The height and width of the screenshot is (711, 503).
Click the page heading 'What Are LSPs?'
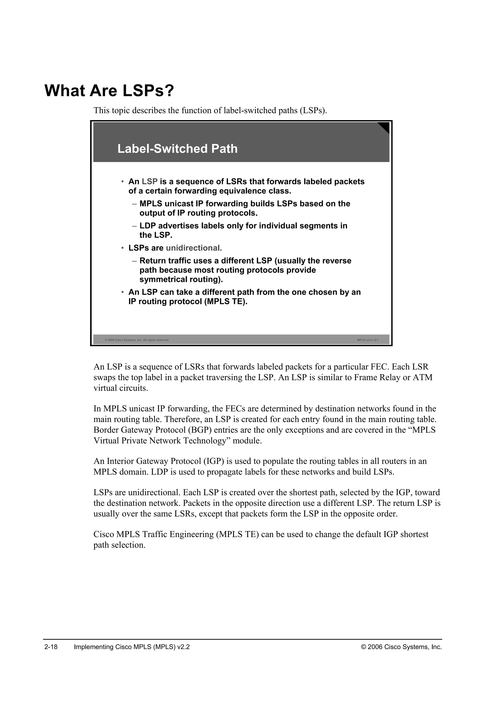click(x=109, y=91)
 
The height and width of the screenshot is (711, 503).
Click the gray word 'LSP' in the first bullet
click(x=150, y=181)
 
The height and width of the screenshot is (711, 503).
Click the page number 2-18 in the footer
click(x=51, y=647)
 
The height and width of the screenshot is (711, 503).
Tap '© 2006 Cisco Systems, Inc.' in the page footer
click(x=401, y=647)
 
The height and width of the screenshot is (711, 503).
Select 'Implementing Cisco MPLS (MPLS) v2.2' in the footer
click(x=132, y=647)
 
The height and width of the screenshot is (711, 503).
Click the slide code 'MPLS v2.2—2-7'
click(x=368, y=340)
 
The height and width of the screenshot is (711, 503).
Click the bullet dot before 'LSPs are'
click(x=123, y=248)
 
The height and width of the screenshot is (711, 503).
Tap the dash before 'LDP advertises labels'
click(x=134, y=226)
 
